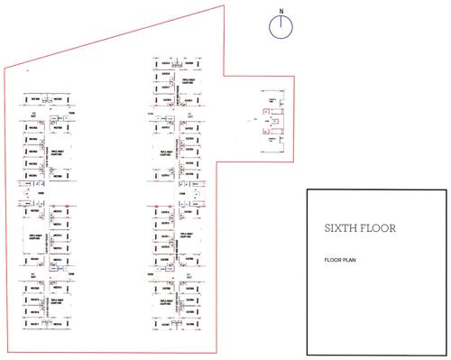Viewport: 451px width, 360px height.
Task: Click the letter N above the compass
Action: pyautogui.click(x=281, y=11)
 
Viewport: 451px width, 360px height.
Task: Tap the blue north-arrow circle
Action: pyautogui.click(x=281, y=25)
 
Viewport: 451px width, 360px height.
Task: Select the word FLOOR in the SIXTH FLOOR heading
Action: pyautogui.click(x=378, y=229)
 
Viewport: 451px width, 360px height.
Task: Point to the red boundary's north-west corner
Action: pyautogui.click(x=6, y=68)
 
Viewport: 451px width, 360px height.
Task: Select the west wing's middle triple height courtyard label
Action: pyautogui.click(x=60, y=235)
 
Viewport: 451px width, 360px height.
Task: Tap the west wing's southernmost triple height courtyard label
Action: pyautogui.click(x=60, y=303)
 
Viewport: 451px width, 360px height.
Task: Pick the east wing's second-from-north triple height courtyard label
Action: pyautogui.click(x=167, y=153)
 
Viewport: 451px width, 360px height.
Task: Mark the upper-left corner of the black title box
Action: pyautogui.click(x=307, y=190)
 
